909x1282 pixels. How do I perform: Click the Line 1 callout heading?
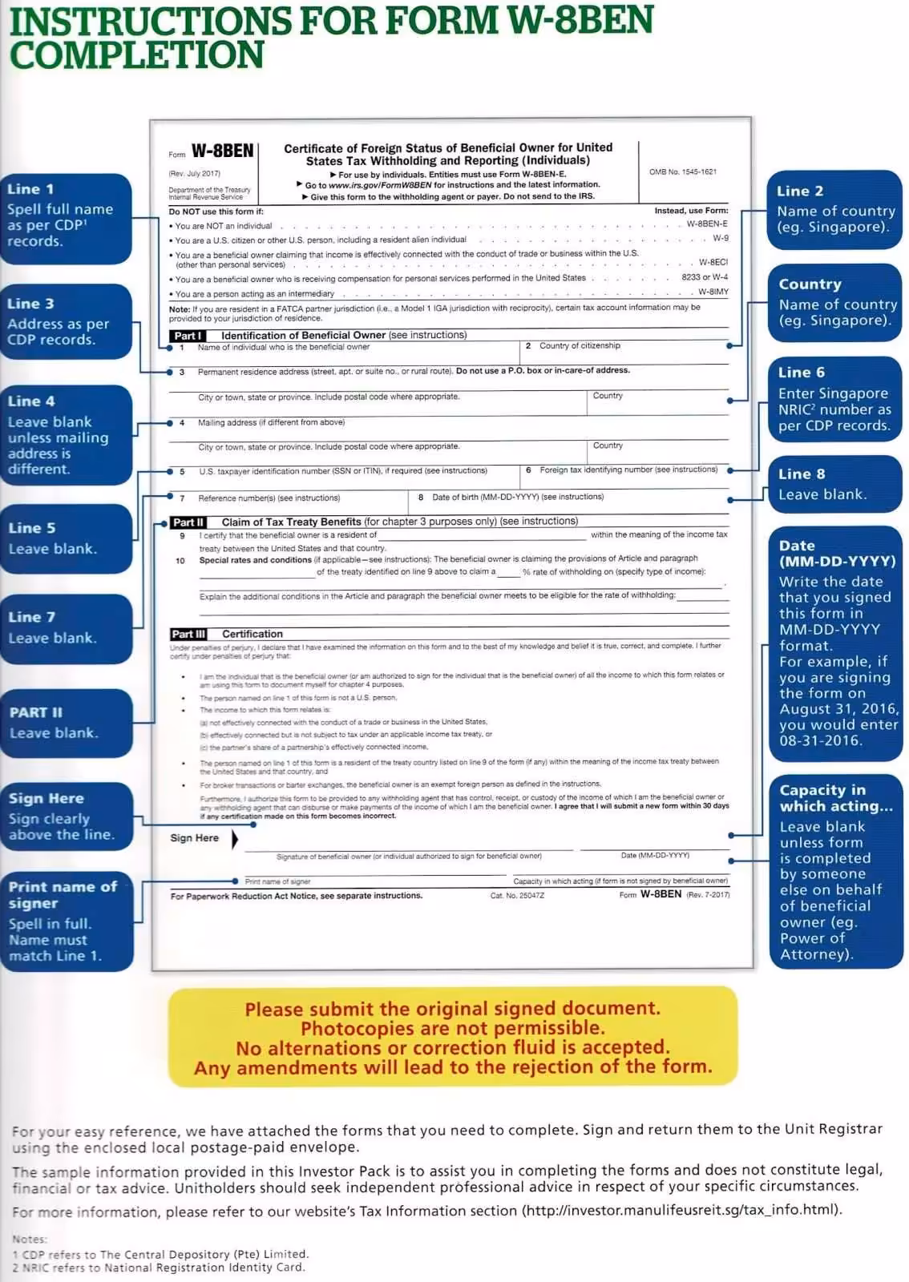(x=30, y=189)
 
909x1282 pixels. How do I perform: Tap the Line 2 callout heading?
(x=799, y=191)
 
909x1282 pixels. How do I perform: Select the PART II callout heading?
(x=35, y=712)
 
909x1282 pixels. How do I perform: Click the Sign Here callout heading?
(x=46, y=798)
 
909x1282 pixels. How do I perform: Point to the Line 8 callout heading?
(x=801, y=474)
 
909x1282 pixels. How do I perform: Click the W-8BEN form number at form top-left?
(x=222, y=151)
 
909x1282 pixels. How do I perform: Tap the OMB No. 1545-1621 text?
(x=682, y=172)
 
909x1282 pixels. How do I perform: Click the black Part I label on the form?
(x=188, y=336)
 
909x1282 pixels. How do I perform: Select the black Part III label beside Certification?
(x=188, y=634)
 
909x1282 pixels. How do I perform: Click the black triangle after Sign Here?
(x=234, y=838)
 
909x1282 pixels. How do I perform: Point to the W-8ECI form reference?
(x=713, y=263)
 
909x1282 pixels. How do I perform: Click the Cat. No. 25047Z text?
(x=517, y=895)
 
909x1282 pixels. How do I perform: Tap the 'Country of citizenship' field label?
(x=579, y=346)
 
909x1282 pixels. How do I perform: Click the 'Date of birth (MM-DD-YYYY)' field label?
(x=517, y=497)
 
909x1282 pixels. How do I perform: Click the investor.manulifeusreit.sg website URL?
(x=681, y=1210)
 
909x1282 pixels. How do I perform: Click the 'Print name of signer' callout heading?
(x=63, y=894)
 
